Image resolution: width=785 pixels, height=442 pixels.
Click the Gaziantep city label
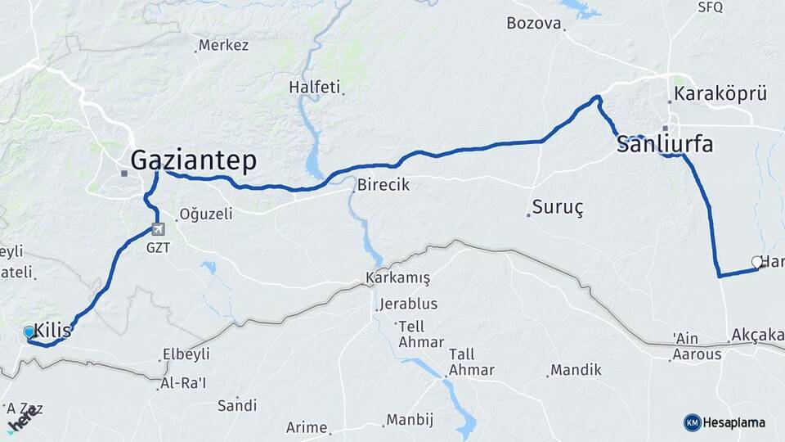point(194,160)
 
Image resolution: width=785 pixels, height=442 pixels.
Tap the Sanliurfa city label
point(664,145)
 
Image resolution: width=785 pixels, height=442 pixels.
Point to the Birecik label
point(383,185)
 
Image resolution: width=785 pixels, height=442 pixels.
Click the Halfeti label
point(314,87)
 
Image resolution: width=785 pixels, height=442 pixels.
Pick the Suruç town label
point(558,207)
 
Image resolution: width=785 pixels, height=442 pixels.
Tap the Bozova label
point(534,23)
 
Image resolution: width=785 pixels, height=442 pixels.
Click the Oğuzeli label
point(206,214)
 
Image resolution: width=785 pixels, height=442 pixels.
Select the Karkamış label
point(397,277)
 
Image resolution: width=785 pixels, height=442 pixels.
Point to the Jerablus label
point(409,304)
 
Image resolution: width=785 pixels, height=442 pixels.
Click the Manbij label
point(409,420)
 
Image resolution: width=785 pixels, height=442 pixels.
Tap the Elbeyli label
point(186,354)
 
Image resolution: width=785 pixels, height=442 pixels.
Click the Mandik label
point(576,370)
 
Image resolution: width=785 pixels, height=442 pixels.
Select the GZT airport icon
point(158,230)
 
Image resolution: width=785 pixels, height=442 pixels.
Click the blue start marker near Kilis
point(29,332)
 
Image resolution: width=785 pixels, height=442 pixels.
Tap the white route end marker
point(757,263)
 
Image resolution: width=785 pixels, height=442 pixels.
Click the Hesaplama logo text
point(733,422)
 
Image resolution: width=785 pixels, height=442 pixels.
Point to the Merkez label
point(223,45)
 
